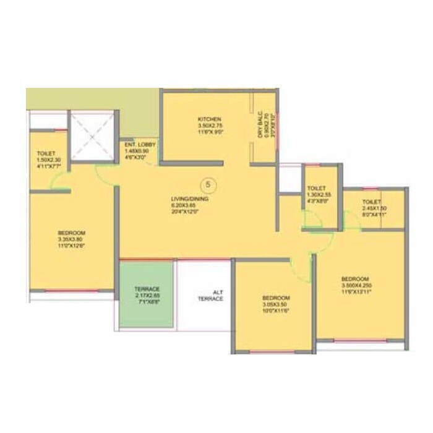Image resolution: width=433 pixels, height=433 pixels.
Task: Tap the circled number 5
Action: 208,184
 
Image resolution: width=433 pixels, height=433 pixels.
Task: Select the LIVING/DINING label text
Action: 190,199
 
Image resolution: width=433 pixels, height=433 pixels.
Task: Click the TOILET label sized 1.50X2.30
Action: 47,153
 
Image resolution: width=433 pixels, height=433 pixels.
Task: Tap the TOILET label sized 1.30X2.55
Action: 319,189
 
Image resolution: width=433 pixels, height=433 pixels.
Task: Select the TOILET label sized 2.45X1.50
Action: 372,202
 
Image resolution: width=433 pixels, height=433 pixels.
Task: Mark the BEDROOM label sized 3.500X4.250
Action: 355,278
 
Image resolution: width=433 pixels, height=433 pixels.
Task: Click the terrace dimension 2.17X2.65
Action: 147,296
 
